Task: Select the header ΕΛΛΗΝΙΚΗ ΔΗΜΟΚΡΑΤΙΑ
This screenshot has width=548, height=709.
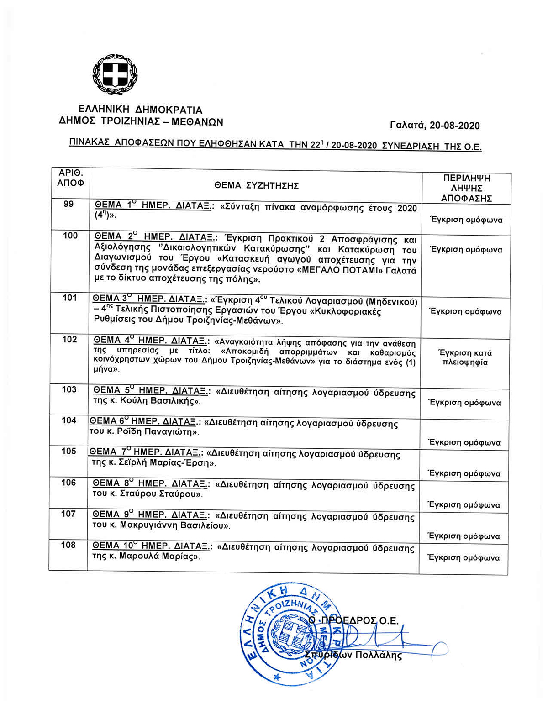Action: point(140,110)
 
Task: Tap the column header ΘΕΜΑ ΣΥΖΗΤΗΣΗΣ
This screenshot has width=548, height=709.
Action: point(257,185)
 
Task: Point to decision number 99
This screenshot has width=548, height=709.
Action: point(68,204)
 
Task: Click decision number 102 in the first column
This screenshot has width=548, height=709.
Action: point(69,340)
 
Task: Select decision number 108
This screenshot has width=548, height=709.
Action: point(68,545)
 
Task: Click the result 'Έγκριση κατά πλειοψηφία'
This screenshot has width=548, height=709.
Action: point(464,358)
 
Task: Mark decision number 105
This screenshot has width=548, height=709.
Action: point(68,451)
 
